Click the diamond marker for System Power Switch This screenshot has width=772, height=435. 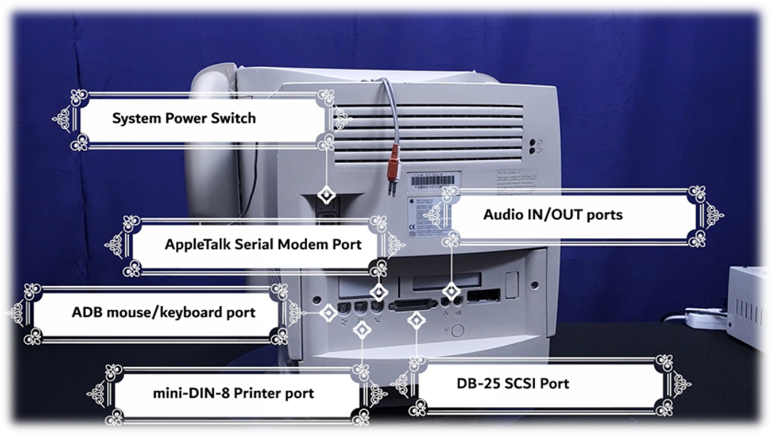326,195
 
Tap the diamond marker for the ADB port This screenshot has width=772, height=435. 329,313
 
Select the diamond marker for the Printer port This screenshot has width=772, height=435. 362,329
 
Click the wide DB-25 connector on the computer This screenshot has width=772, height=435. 413,305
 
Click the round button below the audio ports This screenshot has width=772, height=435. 457,331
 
